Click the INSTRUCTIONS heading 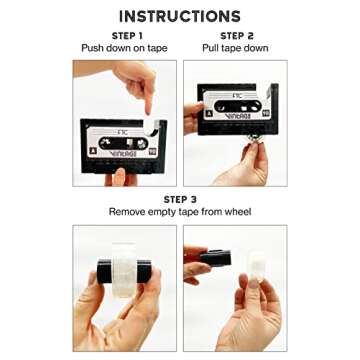[x=180, y=16]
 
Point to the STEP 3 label [x=180, y=199]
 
